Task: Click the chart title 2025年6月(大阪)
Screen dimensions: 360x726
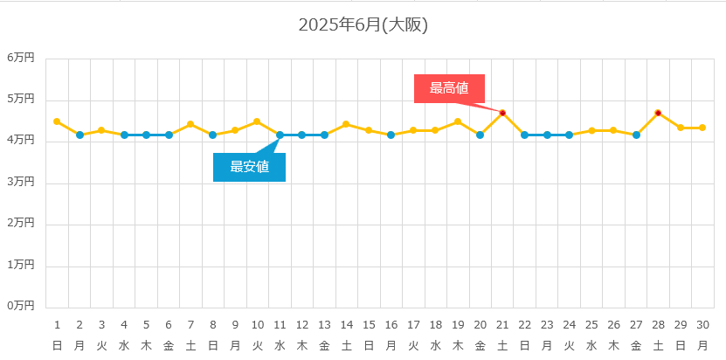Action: [363, 25]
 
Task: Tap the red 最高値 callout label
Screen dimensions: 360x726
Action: [449, 88]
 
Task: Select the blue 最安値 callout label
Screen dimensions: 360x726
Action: [249, 167]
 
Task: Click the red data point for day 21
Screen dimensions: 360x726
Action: [502, 113]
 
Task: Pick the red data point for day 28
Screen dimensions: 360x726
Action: [658, 113]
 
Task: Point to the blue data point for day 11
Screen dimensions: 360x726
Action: [280, 135]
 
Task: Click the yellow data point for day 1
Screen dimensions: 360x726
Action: [57, 121]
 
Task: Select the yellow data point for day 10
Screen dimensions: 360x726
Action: [257, 121]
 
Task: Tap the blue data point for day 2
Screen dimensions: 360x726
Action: [80, 135]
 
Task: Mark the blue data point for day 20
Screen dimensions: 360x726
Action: [480, 135]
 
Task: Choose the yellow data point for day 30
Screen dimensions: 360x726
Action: [702, 128]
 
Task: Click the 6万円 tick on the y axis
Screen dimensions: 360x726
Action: [21, 58]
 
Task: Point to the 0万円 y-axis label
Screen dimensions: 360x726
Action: [21, 306]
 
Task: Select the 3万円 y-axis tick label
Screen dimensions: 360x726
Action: [21, 182]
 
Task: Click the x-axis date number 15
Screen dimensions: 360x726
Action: [369, 325]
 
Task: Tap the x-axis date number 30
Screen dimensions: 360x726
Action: [702, 325]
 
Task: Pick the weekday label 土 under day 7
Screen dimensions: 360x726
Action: [190, 346]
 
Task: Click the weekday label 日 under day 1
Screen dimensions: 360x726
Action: [57, 346]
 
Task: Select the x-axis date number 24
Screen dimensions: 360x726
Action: [569, 325]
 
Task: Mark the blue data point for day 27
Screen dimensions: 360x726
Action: [636, 135]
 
